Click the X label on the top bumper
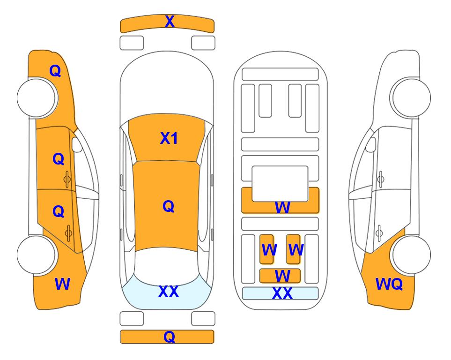[x=170, y=22]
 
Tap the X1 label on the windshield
[x=169, y=138]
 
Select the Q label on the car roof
[x=168, y=206]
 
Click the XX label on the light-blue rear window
[x=168, y=292]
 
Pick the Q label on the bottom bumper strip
[x=169, y=337]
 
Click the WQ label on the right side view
[x=389, y=284]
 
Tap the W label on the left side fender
[x=62, y=284]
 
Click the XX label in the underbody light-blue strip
[x=282, y=294]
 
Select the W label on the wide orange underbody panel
[x=282, y=207]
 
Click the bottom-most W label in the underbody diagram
[x=282, y=276]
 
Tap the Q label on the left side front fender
[x=55, y=71]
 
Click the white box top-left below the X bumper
[x=132, y=43]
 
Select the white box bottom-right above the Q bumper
[x=203, y=319]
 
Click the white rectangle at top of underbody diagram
[x=280, y=74]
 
